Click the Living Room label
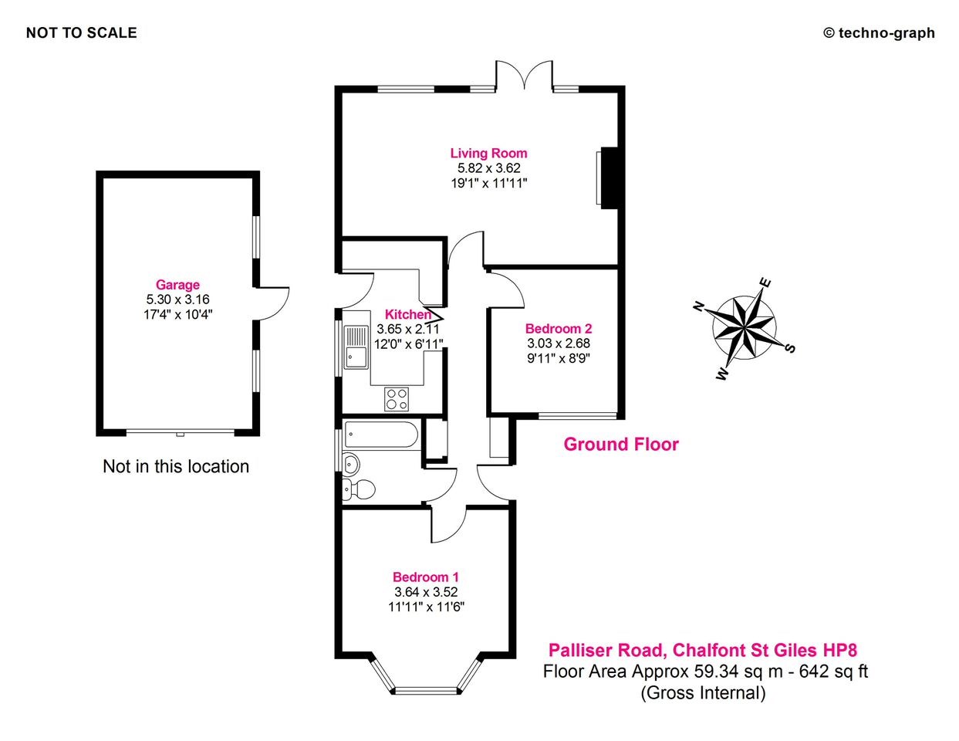tap(488, 154)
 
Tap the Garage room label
tap(177, 285)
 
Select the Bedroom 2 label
tap(558, 328)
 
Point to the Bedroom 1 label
tap(426, 577)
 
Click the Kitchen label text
tap(408, 314)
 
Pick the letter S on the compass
tap(789, 348)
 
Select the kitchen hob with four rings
tap(397, 399)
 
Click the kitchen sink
tap(356, 347)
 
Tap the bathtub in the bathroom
tap(381, 436)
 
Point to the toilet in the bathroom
tap(360, 489)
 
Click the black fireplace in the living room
tap(610, 178)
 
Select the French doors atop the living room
tap(524, 76)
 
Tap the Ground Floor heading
tap(621, 445)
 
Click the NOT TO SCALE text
tap(82, 32)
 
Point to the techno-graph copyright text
tap(879, 32)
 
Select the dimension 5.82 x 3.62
tap(488, 168)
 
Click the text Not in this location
tap(176, 466)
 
